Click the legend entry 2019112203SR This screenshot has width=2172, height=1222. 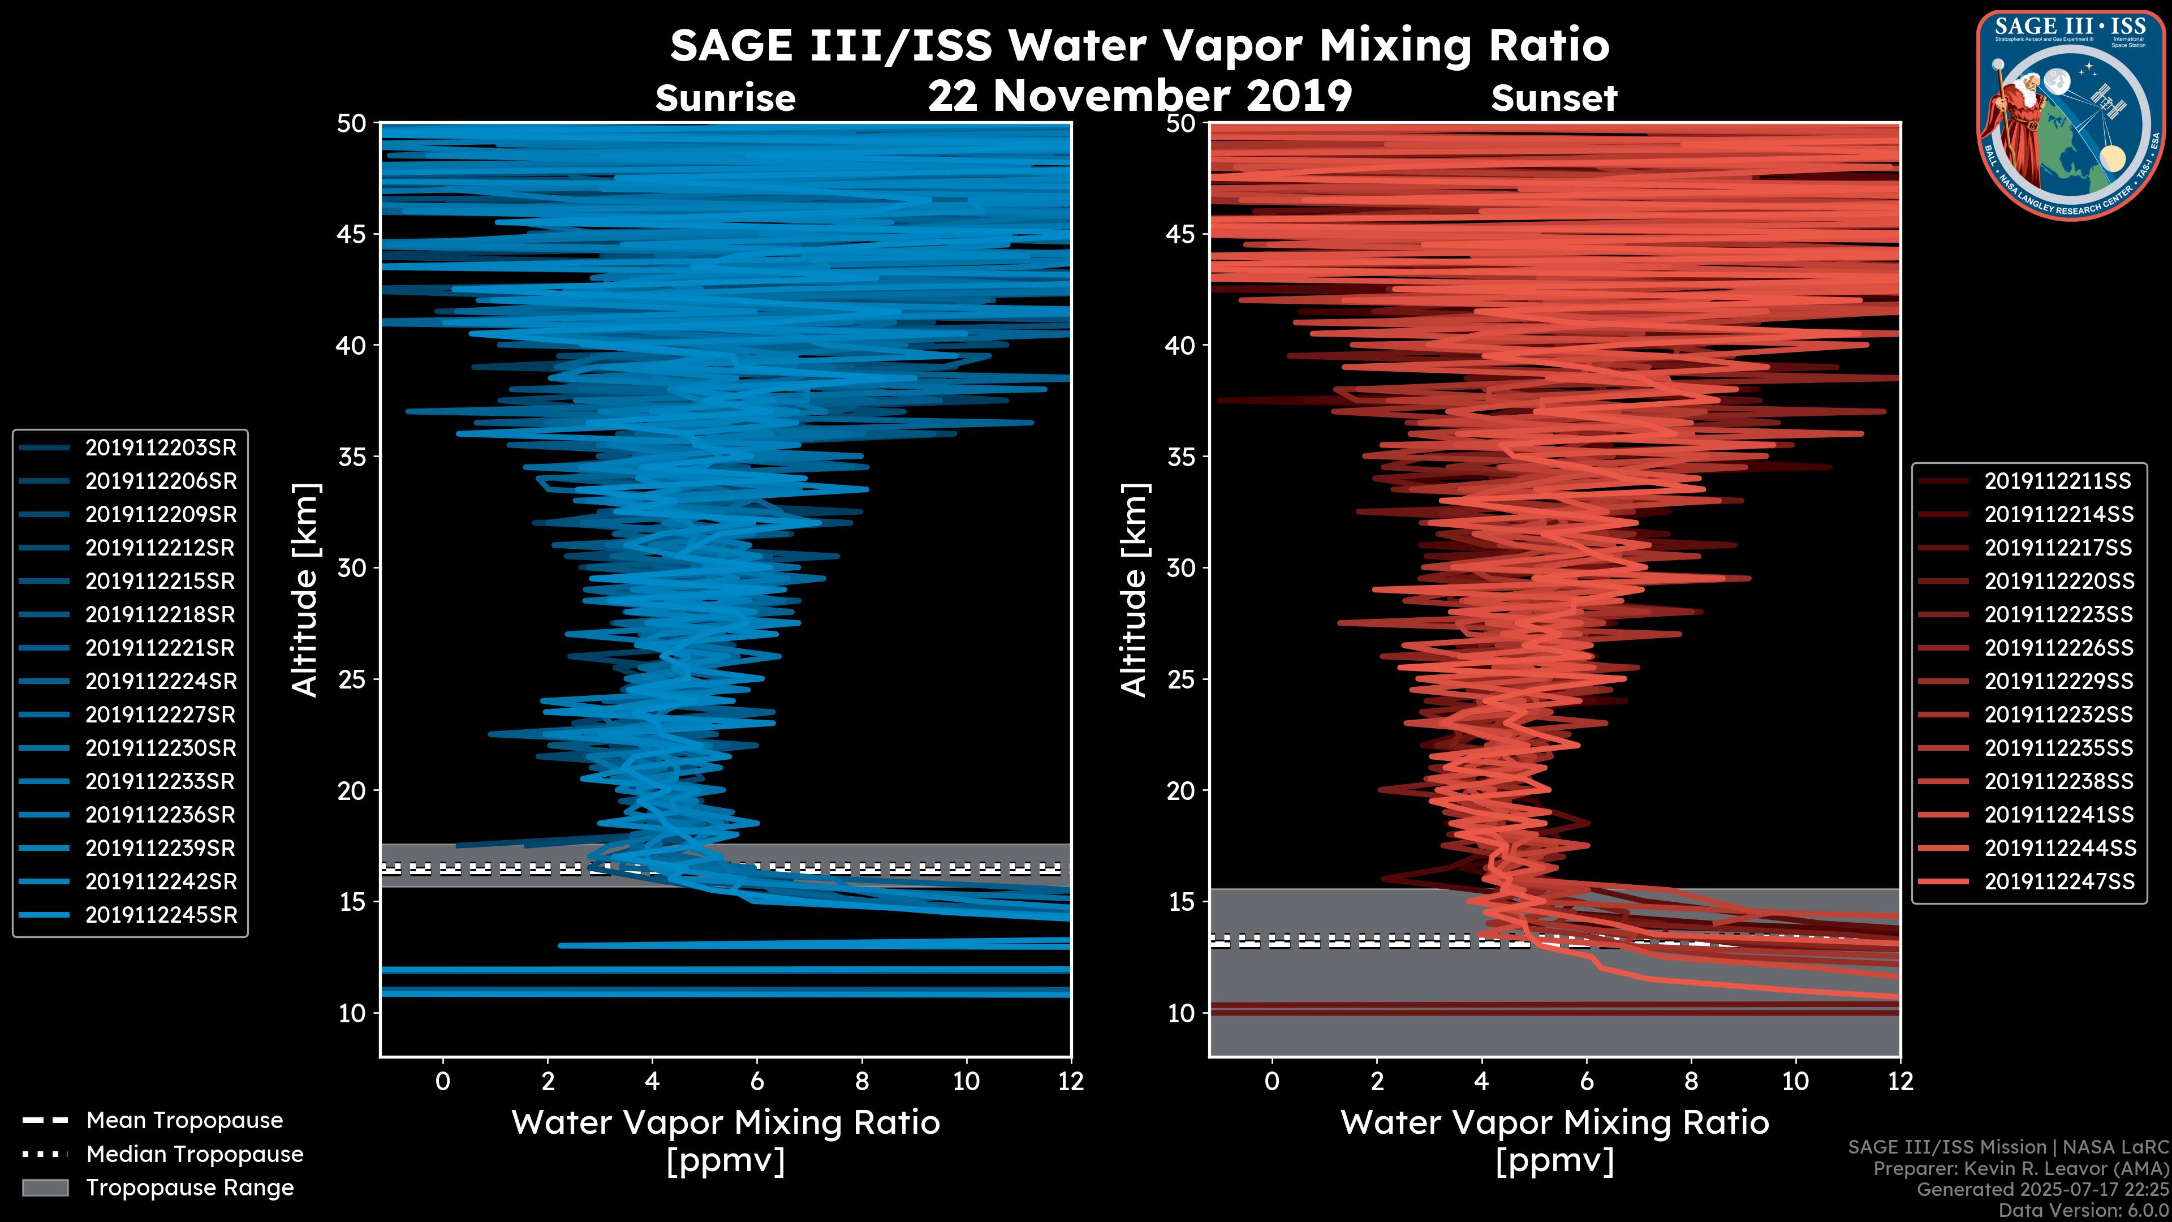tap(160, 448)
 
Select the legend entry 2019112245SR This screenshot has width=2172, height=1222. tap(160, 915)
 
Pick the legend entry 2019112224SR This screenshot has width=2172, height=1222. tap(160, 681)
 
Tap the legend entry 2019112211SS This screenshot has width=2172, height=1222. tap(2057, 481)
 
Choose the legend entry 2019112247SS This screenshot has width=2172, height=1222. tap(2057, 882)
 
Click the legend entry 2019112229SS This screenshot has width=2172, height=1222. tap(2057, 681)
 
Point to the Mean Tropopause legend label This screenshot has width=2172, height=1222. tap(184, 1121)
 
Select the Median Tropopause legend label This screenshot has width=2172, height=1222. tap(195, 1155)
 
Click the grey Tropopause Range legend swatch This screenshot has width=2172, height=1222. tap(45, 1188)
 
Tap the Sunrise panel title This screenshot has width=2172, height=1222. tap(725, 98)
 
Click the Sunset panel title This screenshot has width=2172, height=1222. tap(1554, 98)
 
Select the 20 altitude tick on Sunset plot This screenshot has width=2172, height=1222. tap(1181, 791)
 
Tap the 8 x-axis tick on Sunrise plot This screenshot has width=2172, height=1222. tap(861, 1081)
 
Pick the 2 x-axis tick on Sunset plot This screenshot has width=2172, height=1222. tap(1376, 1081)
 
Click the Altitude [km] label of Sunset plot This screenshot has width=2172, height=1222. tap(1134, 590)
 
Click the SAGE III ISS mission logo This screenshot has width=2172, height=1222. tap(2071, 115)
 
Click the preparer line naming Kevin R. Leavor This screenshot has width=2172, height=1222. tap(2020, 1169)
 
